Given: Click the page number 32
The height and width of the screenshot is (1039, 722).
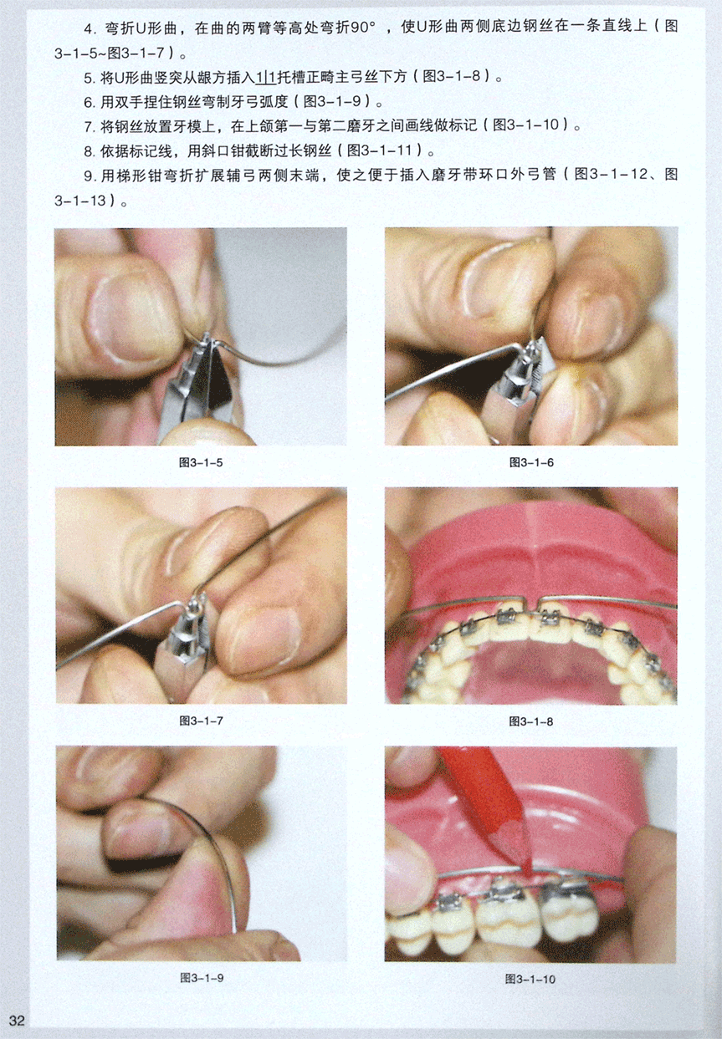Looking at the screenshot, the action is (17, 1020).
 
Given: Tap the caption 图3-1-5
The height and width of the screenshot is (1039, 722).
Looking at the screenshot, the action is (201, 462).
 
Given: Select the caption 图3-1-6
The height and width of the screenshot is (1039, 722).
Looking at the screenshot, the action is (531, 462).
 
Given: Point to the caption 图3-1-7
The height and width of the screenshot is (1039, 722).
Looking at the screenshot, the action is (201, 721).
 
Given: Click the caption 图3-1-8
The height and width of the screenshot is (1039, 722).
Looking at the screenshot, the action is (530, 721).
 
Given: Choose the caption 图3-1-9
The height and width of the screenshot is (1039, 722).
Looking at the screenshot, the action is (202, 978).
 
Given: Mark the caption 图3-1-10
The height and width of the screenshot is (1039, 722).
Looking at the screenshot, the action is (530, 979).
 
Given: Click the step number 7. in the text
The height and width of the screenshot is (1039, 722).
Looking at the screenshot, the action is (90, 125).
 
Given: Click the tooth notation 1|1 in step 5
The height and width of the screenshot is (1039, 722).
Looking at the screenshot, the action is (265, 77).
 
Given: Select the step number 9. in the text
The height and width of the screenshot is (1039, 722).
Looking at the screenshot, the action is (90, 176).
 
